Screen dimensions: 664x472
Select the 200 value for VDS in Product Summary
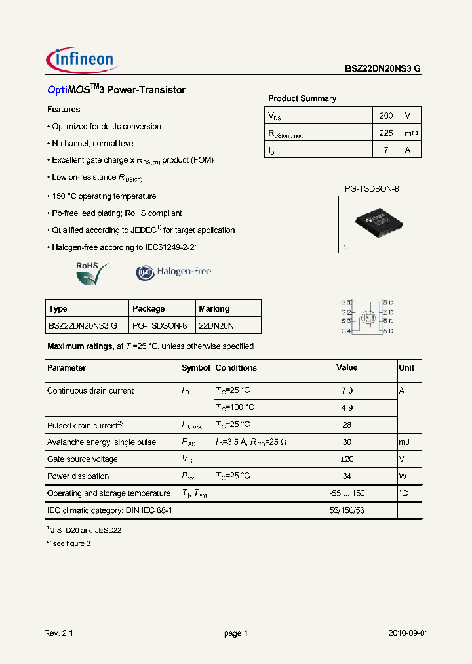click(386, 115)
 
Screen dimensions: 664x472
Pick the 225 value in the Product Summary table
click(386, 133)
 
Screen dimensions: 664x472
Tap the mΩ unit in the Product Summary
click(410, 133)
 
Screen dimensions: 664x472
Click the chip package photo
click(378, 224)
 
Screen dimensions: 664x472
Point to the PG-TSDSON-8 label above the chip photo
click(372, 189)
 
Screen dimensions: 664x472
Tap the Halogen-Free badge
click(173, 272)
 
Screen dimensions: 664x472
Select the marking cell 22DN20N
click(216, 325)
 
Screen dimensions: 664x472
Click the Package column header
click(149, 309)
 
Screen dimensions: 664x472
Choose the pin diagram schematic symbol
click(366, 317)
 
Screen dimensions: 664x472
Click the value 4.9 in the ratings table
click(347, 407)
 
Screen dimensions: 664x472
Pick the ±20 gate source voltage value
click(347, 459)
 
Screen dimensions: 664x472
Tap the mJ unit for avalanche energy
click(405, 442)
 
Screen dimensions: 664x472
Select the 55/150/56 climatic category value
click(347, 510)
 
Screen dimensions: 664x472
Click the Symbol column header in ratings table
click(195, 368)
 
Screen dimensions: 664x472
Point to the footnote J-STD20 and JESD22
click(86, 529)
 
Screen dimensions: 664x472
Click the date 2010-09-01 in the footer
click(408, 633)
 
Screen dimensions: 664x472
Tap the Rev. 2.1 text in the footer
click(59, 633)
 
